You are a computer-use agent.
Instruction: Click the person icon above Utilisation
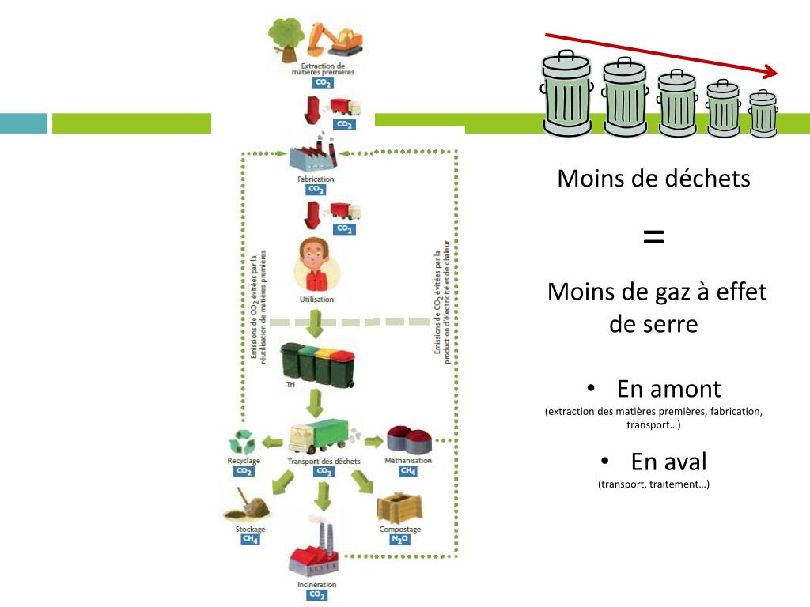coord(316,266)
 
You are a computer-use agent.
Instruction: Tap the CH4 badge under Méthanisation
coord(407,471)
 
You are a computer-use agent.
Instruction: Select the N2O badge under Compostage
coord(399,541)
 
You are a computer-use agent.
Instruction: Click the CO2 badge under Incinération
coord(316,595)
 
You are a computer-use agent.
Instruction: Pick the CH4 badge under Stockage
coord(250,540)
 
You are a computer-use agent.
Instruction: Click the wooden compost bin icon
coord(399,507)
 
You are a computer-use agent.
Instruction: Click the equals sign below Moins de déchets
coord(653,236)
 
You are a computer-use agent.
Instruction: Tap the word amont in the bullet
coord(669,389)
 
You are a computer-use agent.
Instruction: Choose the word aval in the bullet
coord(668,462)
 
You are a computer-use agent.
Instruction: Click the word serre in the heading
coord(653,323)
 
